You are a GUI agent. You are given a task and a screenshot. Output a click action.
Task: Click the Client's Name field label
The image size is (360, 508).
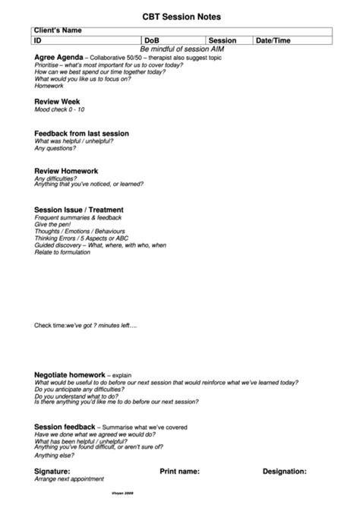pyautogui.click(x=58, y=30)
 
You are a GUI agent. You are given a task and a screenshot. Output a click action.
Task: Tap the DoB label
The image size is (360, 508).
pyautogui.click(x=153, y=40)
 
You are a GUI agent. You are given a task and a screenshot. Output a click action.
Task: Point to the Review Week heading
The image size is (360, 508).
pyautogui.click(x=57, y=101)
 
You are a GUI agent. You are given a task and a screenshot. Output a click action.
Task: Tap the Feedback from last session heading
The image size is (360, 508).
pyautogui.click(x=82, y=133)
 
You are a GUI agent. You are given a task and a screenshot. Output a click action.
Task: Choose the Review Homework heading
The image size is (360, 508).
pyautogui.click(x=66, y=171)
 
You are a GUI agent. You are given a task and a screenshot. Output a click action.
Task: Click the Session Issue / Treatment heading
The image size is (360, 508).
pyautogui.click(x=79, y=210)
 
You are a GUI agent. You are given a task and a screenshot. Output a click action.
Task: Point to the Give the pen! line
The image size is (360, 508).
pyautogui.click(x=52, y=225)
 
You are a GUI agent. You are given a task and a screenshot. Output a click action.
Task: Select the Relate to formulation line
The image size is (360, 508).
pyautogui.click(x=67, y=252)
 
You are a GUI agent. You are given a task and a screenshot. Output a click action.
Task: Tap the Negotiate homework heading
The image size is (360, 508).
pyautogui.click(x=70, y=374)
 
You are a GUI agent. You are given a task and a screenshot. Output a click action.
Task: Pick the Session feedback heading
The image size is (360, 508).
pyautogui.click(x=65, y=427)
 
